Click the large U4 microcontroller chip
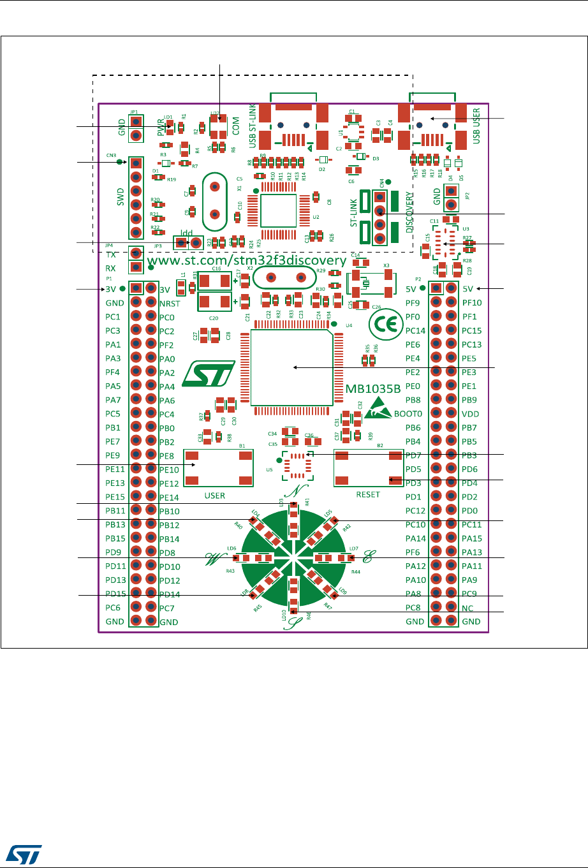coord(290,367)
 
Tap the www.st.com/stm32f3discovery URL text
coord(247,261)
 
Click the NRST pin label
coord(170,304)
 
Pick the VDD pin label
coord(470,414)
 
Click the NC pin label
coord(467,608)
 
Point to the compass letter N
coord(293,492)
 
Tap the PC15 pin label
coord(471,330)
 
